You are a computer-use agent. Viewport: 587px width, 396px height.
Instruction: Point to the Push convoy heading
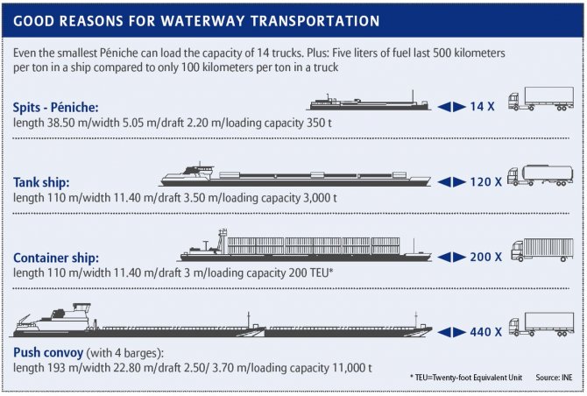(48, 351)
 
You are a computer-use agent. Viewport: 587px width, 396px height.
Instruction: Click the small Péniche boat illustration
(368, 102)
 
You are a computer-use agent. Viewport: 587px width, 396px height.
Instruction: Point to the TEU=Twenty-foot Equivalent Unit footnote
(460, 376)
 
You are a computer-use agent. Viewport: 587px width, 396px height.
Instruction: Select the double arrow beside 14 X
(452, 105)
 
